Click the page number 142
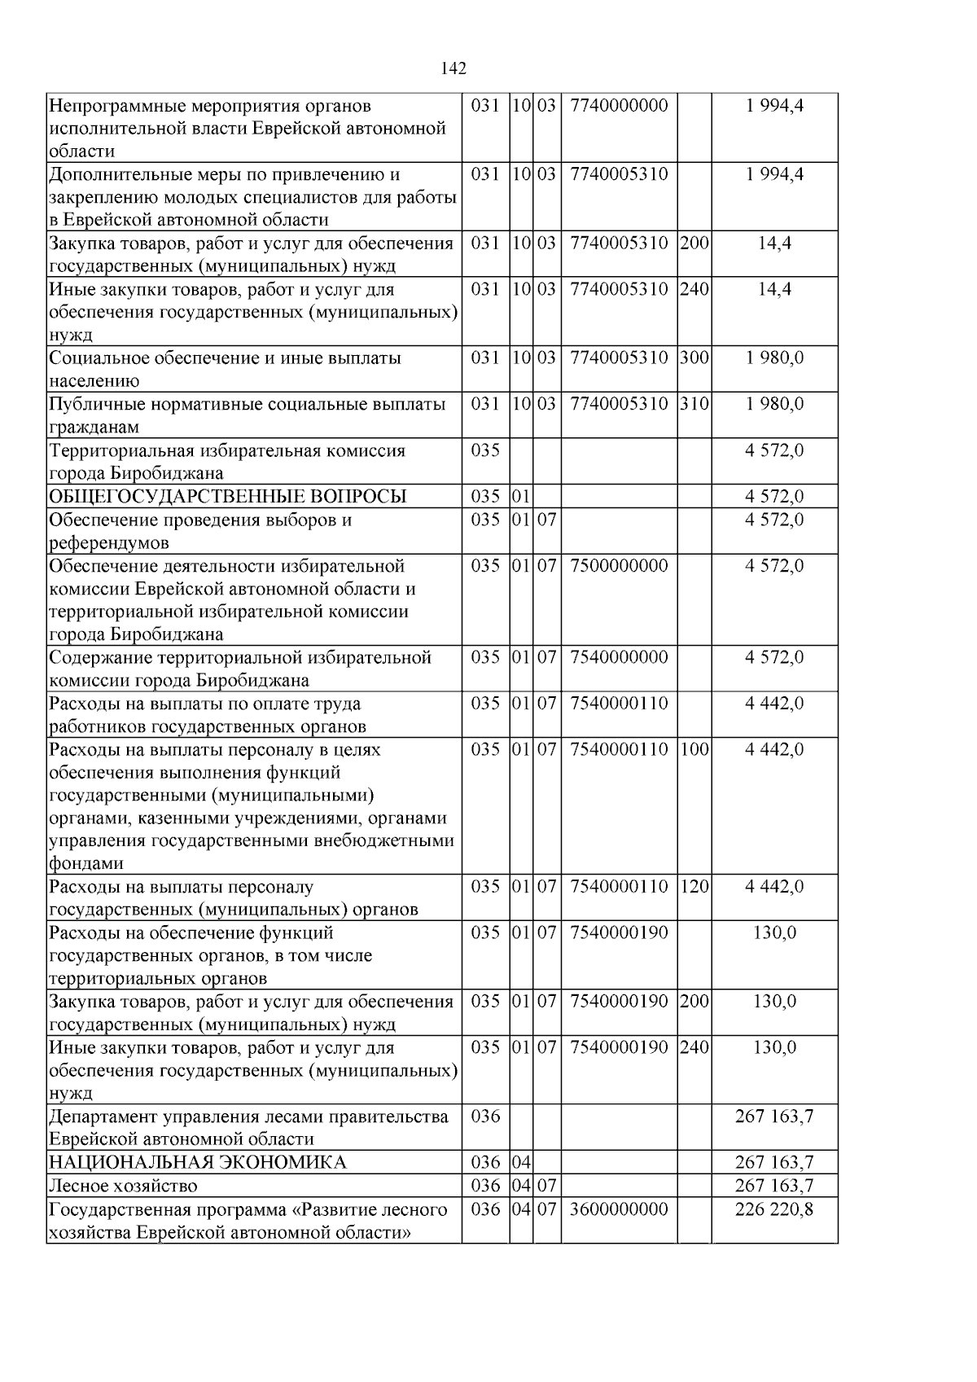point(453,68)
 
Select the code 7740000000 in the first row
point(619,106)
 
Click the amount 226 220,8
point(773,1209)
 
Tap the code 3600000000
point(619,1209)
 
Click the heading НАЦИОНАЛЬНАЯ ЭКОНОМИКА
point(198,1162)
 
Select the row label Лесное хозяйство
point(123,1186)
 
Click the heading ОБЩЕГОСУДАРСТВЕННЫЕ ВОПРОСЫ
point(228,497)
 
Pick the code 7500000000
point(619,566)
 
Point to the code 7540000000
point(619,657)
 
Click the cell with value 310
point(694,404)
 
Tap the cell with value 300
point(694,358)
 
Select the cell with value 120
point(694,887)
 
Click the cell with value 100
point(694,749)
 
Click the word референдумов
point(109,543)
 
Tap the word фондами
point(85,863)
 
